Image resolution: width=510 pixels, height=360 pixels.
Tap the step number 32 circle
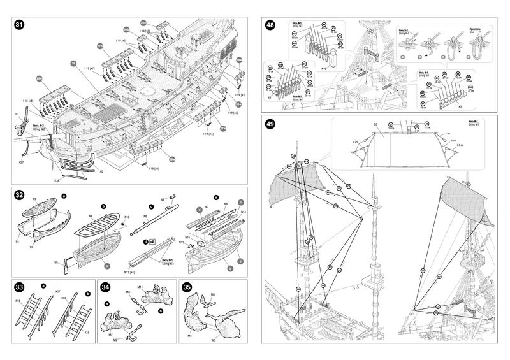point(19,195)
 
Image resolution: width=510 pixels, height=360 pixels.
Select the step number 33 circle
point(19,287)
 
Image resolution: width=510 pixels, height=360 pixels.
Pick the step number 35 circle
point(187,287)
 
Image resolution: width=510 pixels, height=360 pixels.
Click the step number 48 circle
point(270,25)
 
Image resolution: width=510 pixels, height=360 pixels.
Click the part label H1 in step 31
point(17,114)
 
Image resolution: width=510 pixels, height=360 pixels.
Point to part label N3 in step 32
point(34,200)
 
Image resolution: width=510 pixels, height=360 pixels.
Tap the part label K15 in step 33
point(18,300)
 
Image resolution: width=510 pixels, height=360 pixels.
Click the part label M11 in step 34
point(140,287)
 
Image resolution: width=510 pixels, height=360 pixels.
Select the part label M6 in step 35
point(212,294)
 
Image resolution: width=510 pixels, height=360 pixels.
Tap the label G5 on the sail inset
point(375,124)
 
